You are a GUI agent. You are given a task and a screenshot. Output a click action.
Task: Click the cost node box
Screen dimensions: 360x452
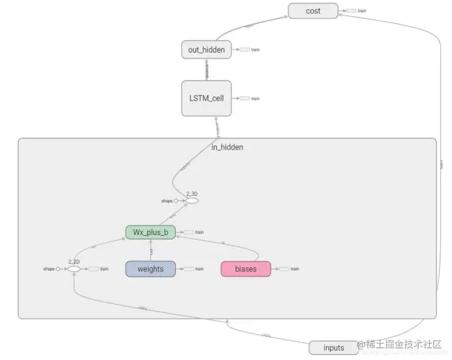click(313, 11)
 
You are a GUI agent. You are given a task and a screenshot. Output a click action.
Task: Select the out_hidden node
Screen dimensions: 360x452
click(207, 50)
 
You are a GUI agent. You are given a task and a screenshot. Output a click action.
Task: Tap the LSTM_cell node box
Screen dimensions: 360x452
click(207, 98)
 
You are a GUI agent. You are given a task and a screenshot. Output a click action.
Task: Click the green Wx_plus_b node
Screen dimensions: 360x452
click(150, 232)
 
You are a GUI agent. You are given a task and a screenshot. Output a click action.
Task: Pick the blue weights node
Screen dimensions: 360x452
click(151, 269)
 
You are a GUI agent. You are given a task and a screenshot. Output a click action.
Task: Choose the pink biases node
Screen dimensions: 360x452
click(245, 269)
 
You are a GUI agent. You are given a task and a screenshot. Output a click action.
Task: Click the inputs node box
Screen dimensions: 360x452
click(334, 347)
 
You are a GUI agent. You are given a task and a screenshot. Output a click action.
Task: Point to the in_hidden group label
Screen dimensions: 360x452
click(227, 147)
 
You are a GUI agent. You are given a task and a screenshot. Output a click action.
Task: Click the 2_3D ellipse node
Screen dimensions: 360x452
click(191, 200)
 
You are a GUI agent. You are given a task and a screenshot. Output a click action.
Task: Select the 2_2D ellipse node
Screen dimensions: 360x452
click(73, 269)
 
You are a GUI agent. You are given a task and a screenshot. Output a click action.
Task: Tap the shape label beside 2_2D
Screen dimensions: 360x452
click(49, 269)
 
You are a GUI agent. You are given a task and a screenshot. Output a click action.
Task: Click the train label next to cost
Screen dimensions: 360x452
click(362, 11)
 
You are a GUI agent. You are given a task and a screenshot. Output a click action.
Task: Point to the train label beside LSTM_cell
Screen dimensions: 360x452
click(256, 99)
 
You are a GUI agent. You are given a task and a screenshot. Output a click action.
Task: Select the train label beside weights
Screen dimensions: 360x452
click(199, 269)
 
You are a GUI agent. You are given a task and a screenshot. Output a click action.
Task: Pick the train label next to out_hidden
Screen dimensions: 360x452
click(256, 50)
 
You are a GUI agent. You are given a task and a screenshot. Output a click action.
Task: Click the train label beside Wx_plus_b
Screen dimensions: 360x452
click(199, 232)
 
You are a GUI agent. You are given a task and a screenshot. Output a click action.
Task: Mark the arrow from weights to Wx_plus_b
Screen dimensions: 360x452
click(151, 250)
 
